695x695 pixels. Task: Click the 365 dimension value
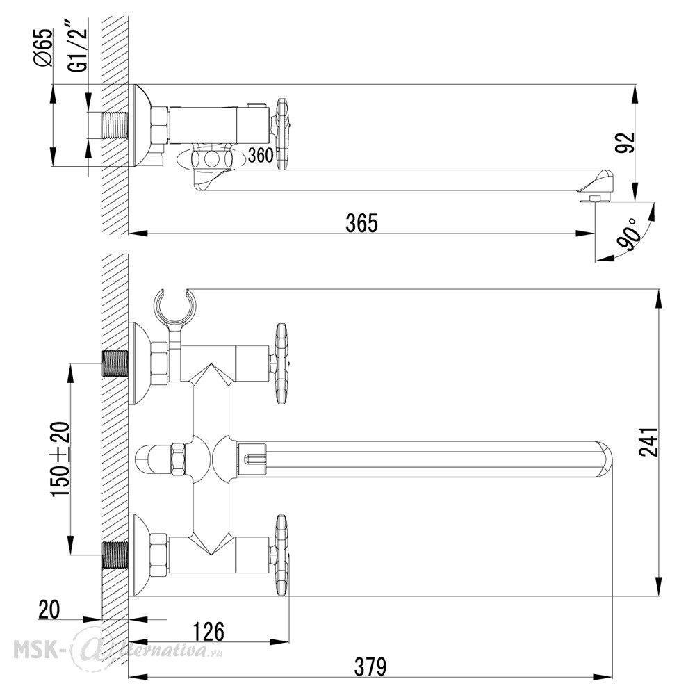click(x=361, y=222)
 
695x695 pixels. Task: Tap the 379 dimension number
click(x=370, y=667)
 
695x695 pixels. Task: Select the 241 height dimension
click(x=648, y=442)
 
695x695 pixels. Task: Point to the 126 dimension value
click(x=208, y=631)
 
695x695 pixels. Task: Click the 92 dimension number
click(x=625, y=142)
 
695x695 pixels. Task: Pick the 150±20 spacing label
click(x=60, y=459)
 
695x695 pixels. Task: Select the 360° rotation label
click(x=264, y=155)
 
